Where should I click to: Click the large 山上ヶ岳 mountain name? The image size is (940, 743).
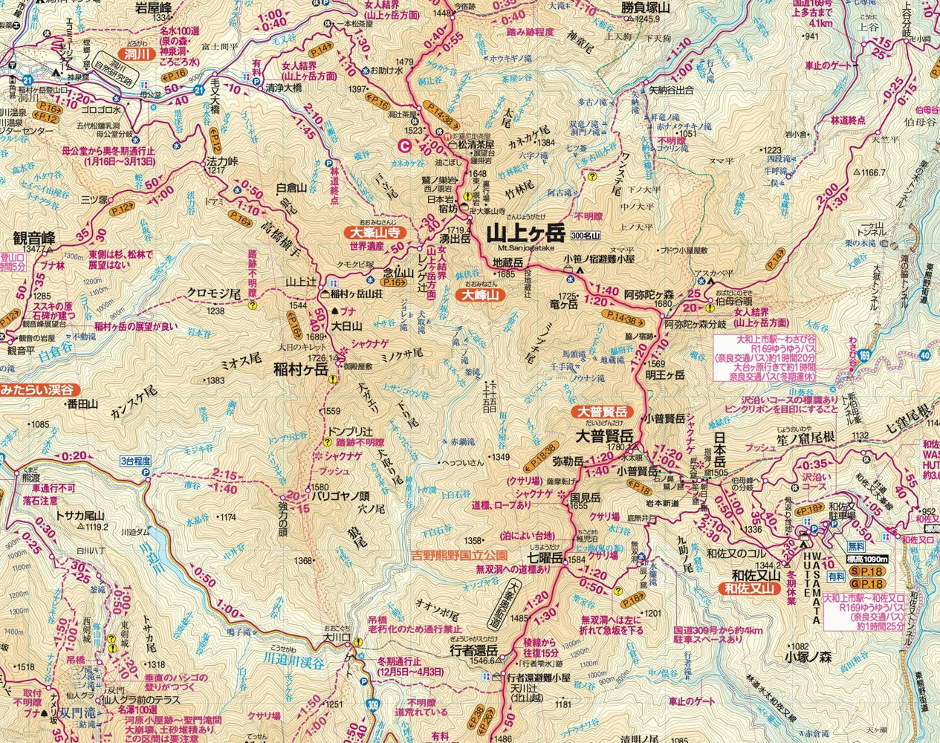525,233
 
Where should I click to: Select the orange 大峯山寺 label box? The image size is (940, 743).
375,232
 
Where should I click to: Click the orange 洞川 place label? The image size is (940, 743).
137,54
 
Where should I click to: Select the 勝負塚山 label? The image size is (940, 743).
645,9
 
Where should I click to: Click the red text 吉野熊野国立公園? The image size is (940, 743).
460,555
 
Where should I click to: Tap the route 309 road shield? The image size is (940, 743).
374,707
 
